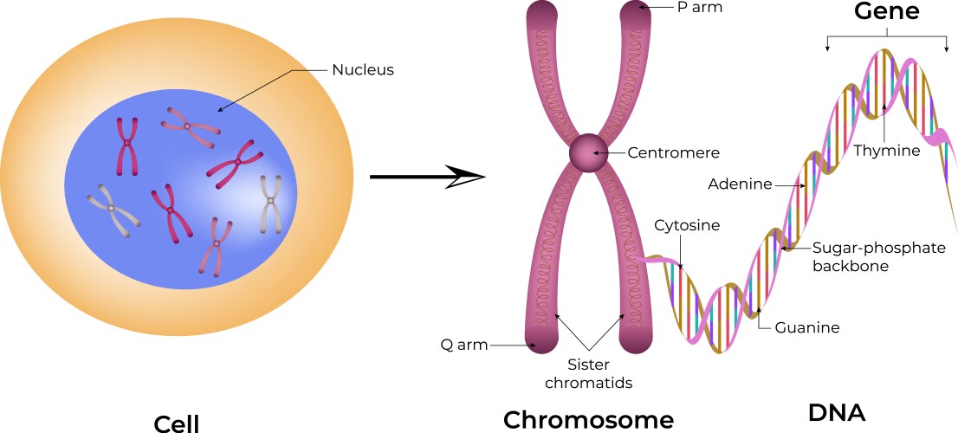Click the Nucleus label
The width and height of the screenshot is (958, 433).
pyautogui.click(x=363, y=69)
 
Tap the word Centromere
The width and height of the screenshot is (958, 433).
pyautogui.click(x=673, y=152)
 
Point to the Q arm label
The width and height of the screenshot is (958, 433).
pyautogui.click(x=464, y=346)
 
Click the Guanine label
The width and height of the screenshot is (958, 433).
pyautogui.click(x=807, y=327)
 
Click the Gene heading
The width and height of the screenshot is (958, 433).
pyautogui.click(x=887, y=11)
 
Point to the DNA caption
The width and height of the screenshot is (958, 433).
pyautogui.click(x=836, y=411)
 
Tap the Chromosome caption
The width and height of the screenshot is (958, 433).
pyautogui.click(x=588, y=420)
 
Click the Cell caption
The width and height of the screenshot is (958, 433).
pyautogui.click(x=176, y=423)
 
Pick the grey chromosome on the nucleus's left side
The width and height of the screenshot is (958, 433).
pyautogui.click(x=113, y=209)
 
